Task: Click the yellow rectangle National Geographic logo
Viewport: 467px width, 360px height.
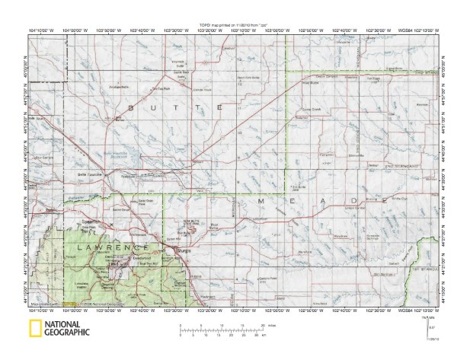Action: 35,329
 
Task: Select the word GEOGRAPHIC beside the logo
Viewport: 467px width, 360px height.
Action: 67,333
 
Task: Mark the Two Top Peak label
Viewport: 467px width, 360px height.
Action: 158,88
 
